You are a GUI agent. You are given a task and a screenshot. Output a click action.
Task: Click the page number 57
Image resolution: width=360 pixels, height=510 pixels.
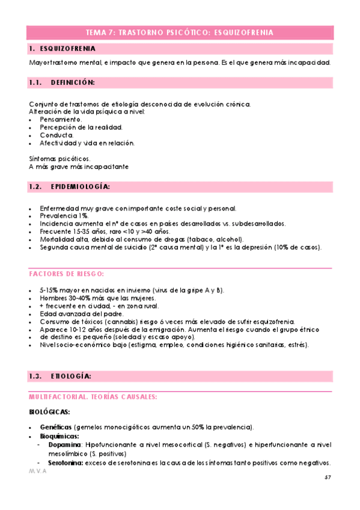pos(328,477)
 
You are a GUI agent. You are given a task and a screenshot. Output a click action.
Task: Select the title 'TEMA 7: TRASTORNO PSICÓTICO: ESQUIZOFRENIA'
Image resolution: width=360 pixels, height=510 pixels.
pos(180,32)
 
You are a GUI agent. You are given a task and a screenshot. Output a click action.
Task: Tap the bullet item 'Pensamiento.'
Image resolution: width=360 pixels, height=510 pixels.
pos(61,119)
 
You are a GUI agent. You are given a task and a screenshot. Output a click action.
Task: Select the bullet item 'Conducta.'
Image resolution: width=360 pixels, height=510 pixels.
pos(56,135)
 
